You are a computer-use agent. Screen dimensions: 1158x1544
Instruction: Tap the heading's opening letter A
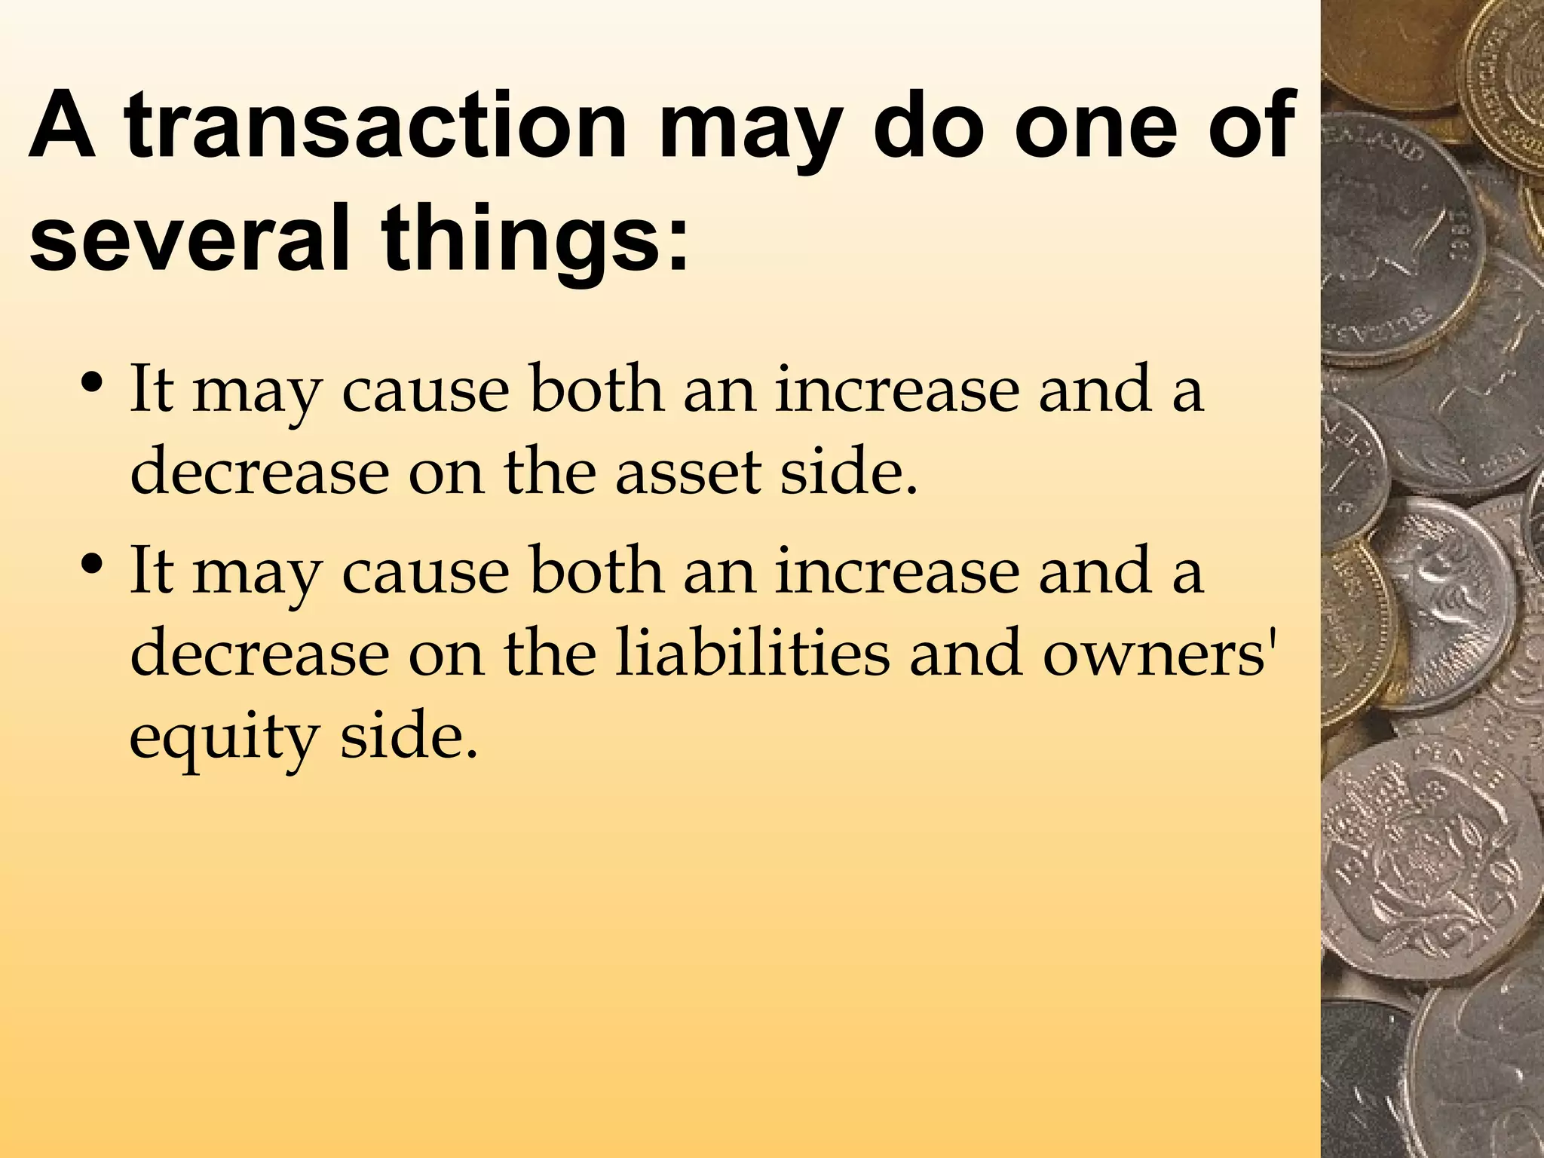coord(62,126)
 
